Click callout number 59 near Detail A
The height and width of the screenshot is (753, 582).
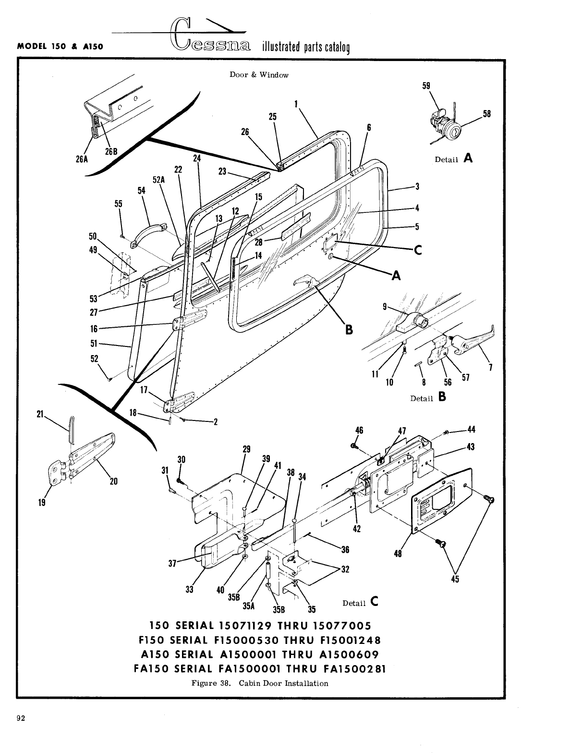click(426, 86)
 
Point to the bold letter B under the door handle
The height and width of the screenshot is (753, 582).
click(349, 330)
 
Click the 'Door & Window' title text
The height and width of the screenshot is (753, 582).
click(259, 75)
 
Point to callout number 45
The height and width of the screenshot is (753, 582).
click(455, 579)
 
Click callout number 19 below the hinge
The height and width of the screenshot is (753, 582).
click(42, 503)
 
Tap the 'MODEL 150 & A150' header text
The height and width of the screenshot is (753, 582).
click(61, 47)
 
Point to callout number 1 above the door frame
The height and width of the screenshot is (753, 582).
click(296, 103)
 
